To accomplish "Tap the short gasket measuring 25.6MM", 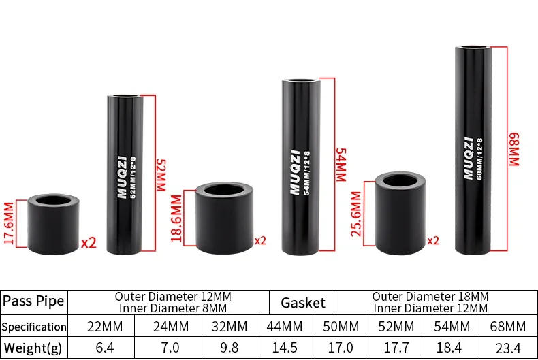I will [x=398, y=210].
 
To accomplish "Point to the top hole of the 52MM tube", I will [x=126, y=99].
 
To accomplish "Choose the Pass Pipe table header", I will [x=33, y=301].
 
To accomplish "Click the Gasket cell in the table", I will [x=303, y=302].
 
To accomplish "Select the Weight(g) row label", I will [x=33, y=348].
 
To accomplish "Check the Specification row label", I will [x=33, y=326].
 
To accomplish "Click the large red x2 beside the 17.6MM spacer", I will [x=89, y=242].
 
